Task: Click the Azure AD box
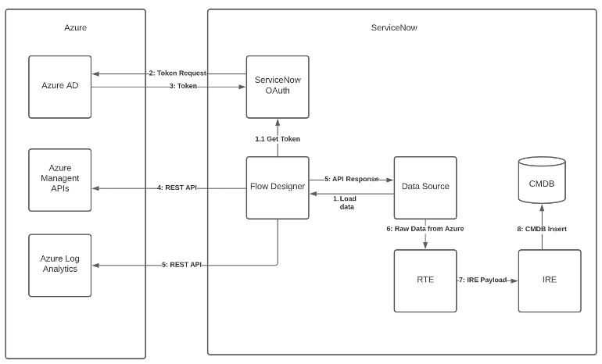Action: tap(60, 86)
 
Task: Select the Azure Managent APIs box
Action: tap(60, 180)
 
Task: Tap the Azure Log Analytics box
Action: tap(60, 265)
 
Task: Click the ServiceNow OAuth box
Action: tap(278, 86)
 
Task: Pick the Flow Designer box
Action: tap(278, 187)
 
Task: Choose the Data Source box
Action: tap(425, 187)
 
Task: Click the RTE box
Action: tap(425, 280)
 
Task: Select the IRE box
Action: tap(550, 280)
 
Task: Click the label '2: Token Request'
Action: tap(177, 73)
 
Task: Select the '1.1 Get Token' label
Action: tap(278, 139)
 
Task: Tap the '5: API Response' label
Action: tap(351, 179)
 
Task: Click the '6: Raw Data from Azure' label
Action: tap(425, 228)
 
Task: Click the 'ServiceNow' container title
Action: tap(393, 27)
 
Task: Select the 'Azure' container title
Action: tap(75, 27)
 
